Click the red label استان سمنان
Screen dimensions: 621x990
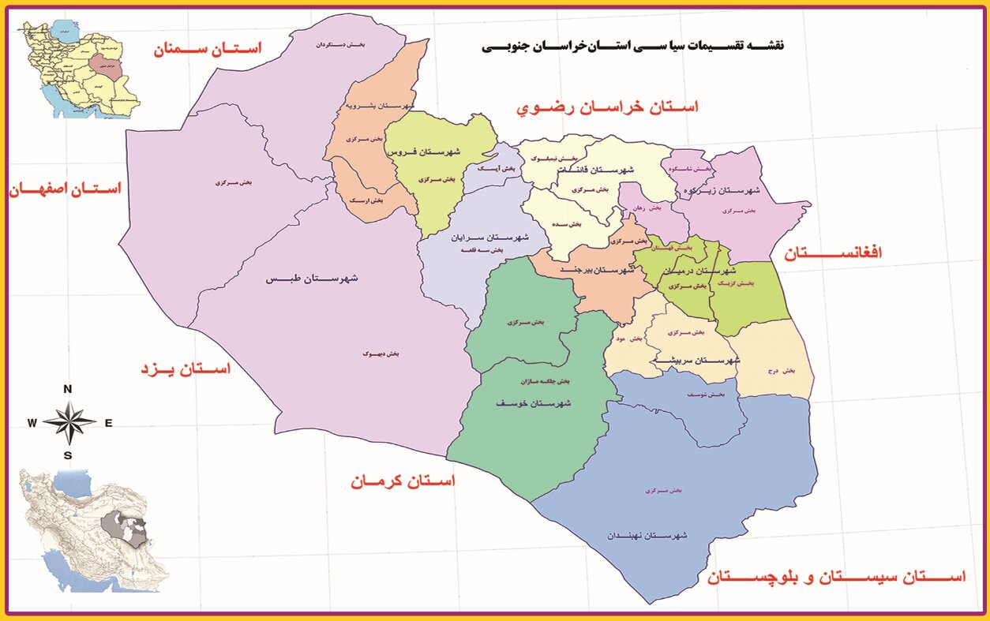pyautogui.click(x=207, y=49)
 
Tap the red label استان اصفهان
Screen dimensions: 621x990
pyautogui.click(x=65, y=189)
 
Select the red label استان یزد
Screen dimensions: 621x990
pyautogui.click(x=186, y=368)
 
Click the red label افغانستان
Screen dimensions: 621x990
pyautogui.click(x=832, y=253)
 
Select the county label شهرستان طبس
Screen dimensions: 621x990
pyautogui.click(x=313, y=279)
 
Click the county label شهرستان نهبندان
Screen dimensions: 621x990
pyautogui.click(x=647, y=536)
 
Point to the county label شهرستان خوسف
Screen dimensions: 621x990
pyautogui.click(x=533, y=403)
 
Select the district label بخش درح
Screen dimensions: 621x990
pyautogui.click(x=778, y=370)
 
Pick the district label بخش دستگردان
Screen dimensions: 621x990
pyautogui.click(x=332, y=45)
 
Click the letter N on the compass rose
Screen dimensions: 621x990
pyautogui.click(x=68, y=388)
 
